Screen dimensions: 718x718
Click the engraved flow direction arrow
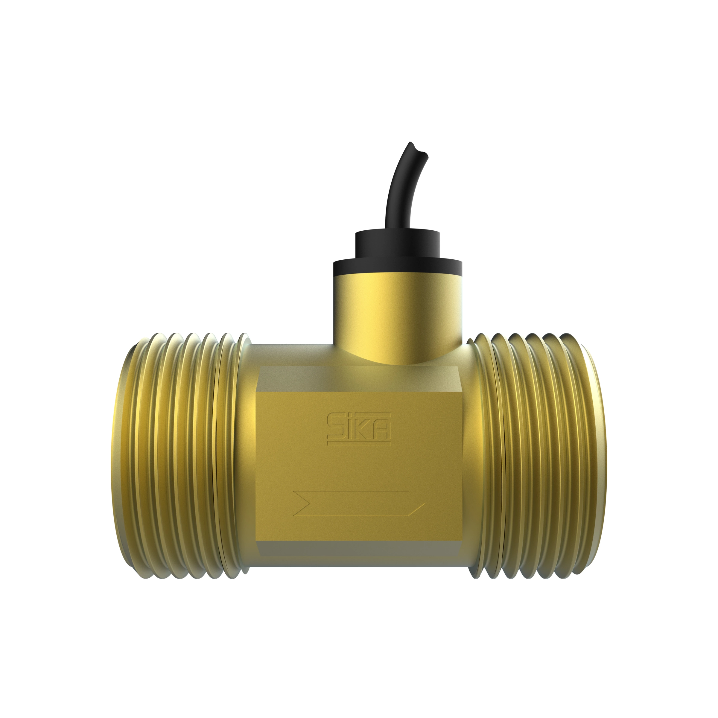(x=359, y=503)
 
